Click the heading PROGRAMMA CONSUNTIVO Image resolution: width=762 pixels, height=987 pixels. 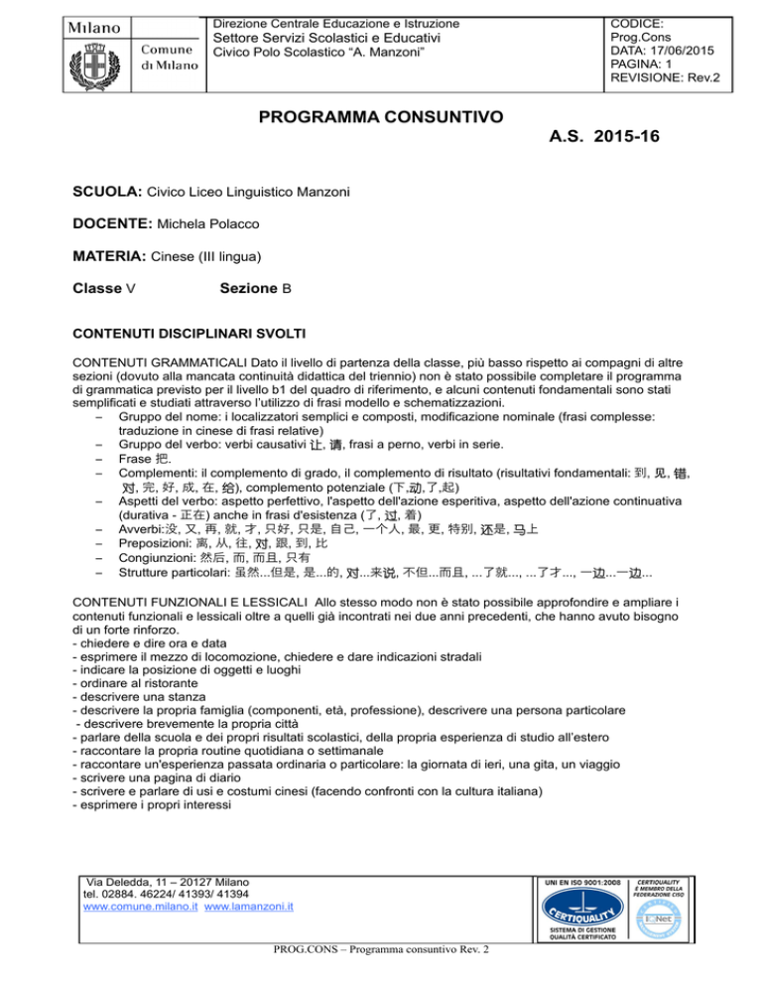coord(380,118)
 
